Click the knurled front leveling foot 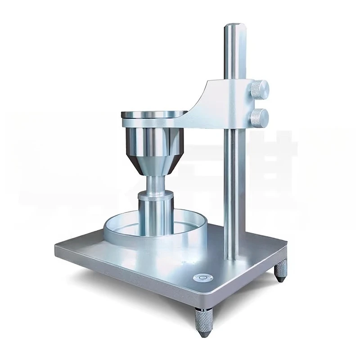click(x=201, y=320)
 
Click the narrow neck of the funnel click(x=155, y=182)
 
